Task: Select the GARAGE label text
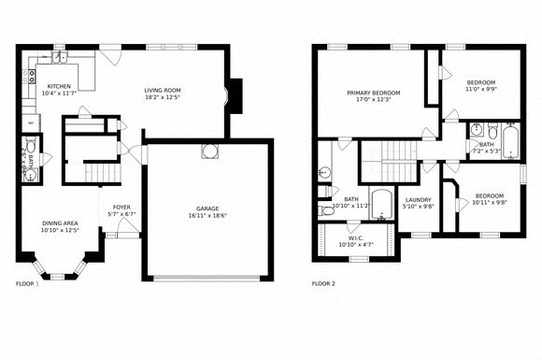point(207,209)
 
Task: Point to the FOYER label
point(121,207)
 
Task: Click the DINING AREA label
point(59,223)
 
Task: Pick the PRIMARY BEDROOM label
point(373,93)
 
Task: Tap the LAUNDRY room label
point(418,199)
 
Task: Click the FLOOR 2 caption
point(323,282)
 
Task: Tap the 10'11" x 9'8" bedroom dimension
point(490,202)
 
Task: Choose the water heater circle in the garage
point(207,153)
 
